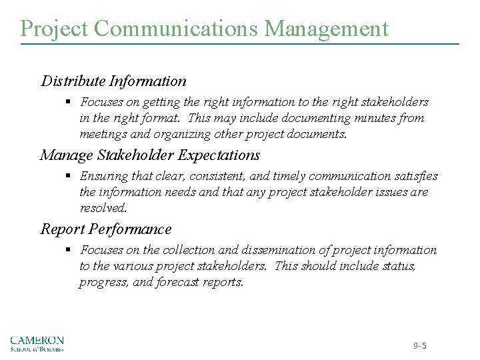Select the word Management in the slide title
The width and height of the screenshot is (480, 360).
click(327, 29)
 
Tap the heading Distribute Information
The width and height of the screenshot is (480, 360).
click(113, 81)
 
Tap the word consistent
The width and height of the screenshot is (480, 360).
click(223, 176)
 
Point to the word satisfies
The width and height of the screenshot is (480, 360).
click(414, 176)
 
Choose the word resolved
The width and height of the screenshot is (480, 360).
click(103, 208)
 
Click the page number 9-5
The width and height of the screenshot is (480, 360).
click(419, 346)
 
